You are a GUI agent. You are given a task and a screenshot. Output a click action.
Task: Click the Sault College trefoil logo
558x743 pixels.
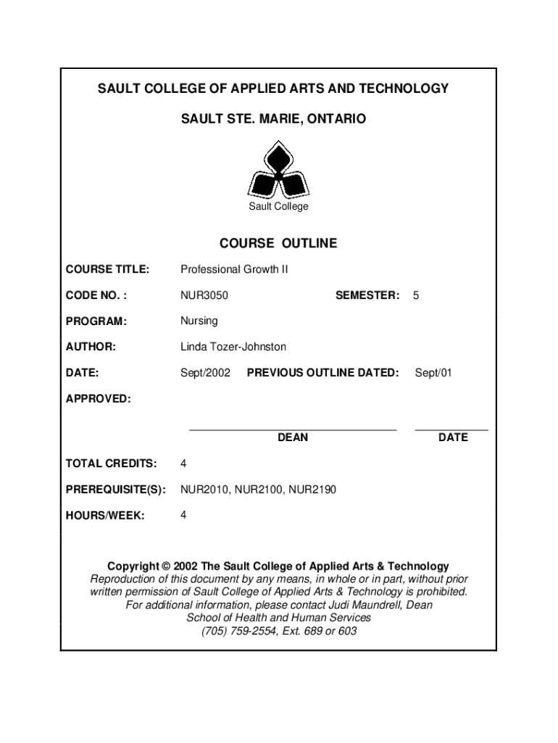pyautogui.click(x=278, y=172)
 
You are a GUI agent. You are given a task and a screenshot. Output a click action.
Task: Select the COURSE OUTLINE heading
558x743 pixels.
pyautogui.click(x=278, y=244)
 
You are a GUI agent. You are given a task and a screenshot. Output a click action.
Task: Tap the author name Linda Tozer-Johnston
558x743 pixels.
pyautogui.click(x=233, y=347)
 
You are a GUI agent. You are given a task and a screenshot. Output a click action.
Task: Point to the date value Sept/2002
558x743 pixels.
pyautogui.click(x=205, y=373)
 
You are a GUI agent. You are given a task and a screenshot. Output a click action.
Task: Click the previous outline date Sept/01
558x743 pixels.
pyautogui.click(x=433, y=373)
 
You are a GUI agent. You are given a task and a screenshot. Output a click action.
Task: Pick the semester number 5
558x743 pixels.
pyautogui.click(x=416, y=295)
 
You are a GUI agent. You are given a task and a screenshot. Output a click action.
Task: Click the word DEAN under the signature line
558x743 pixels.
pyautogui.click(x=293, y=438)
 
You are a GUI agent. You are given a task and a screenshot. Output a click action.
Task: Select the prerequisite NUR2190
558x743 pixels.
pyautogui.click(x=312, y=490)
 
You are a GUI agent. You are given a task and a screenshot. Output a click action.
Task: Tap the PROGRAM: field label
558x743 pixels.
pyautogui.click(x=96, y=321)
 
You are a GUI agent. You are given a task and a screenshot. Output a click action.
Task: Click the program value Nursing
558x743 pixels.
pyautogui.click(x=199, y=321)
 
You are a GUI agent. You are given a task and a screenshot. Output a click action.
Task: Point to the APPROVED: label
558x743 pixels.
pyautogui.click(x=99, y=399)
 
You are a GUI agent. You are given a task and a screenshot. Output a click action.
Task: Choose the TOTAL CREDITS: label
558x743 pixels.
pyautogui.click(x=111, y=464)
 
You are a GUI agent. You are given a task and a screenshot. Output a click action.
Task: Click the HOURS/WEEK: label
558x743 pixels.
pyautogui.click(x=105, y=516)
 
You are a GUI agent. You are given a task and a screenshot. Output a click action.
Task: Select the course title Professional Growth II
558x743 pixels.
pyautogui.click(x=234, y=269)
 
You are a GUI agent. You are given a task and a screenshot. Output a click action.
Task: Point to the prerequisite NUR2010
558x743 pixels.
pyautogui.click(x=205, y=490)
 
